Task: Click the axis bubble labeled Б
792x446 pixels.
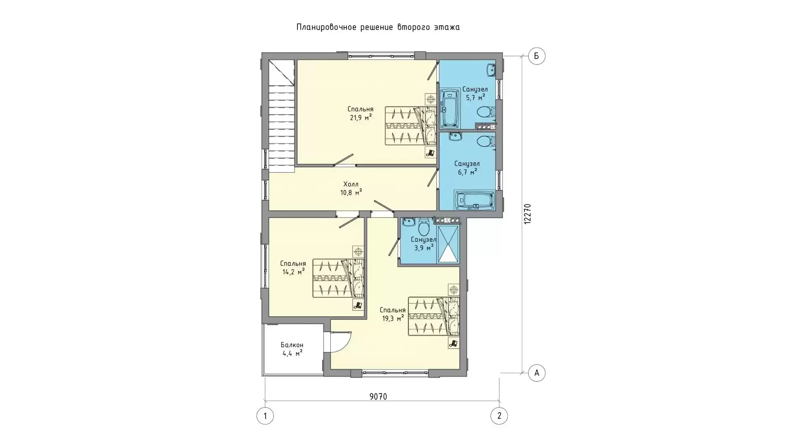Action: click(537, 56)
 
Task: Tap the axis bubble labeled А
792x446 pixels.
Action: click(537, 373)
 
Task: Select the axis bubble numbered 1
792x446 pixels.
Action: click(265, 416)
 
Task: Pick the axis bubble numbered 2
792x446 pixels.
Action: click(499, 416)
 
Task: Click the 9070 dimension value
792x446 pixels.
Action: click(378, 397)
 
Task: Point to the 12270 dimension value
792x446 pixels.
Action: click(528, 214)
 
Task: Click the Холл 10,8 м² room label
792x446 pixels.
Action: click(351, 188)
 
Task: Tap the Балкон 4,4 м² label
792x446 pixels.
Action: click(292, 349)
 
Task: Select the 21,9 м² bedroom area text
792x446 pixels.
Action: click(361, 117)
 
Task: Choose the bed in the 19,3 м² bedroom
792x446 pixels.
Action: click(434, 316)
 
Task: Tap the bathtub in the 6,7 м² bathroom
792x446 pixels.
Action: click(475, 200)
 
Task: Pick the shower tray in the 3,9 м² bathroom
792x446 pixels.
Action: click(448, 244)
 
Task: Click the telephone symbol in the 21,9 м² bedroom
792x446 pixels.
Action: click(431, 153)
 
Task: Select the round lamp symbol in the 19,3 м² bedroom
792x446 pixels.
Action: click(454, 289)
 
